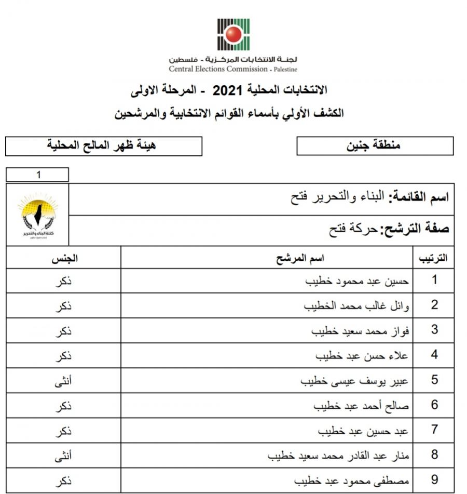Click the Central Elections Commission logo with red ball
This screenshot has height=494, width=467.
(x=233, y=34)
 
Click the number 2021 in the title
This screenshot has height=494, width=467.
(x=225, y=90)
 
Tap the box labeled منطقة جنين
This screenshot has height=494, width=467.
(x=374, y=146)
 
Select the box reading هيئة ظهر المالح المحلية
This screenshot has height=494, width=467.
(x=104, y=145)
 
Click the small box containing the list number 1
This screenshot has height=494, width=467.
(x=37, y=175)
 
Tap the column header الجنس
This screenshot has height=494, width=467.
(x=63, y=258)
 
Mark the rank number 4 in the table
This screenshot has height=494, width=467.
(x=435, y=356)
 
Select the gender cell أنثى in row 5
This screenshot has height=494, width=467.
(x=63, y=381)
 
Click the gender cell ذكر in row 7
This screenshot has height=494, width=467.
(x=63, y=431)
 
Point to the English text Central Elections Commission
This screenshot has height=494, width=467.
(x=218, y=69)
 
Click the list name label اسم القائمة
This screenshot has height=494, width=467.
(x=420, y=198)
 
